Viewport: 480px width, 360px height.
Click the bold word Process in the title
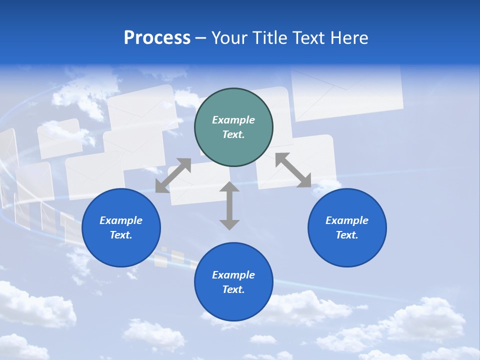pos(157,38)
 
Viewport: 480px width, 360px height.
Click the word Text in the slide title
pos(309,38)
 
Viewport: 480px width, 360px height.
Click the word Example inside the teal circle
pos(233,120)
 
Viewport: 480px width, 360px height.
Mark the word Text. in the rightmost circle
pos(347,235)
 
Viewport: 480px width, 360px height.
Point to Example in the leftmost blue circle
pos(121,220)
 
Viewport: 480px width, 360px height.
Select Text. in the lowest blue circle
pos(233,289)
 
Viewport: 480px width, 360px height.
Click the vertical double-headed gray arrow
pos(229,205)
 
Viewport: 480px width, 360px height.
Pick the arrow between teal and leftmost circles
pos(173,175)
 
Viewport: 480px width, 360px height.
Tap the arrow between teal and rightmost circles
pos(293,170)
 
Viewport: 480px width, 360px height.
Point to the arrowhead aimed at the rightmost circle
pos(304,181)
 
